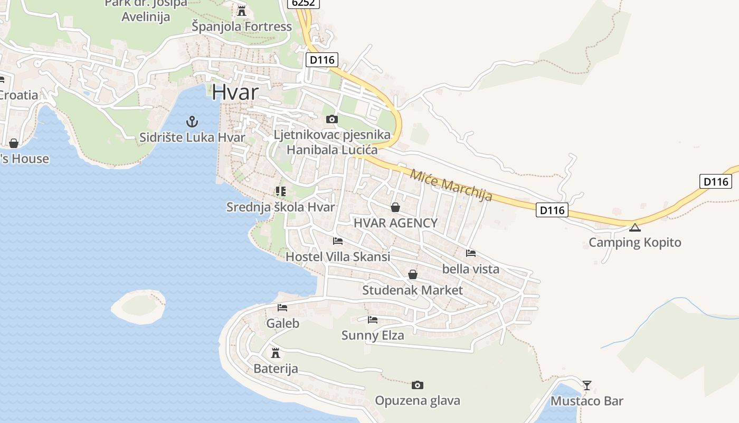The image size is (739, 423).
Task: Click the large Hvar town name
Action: coord(235,92)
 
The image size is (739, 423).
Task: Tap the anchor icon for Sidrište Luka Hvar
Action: coord(192,122)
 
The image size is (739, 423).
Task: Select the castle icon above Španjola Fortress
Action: coord(242,11)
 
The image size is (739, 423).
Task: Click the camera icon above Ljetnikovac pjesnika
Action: coord(332,119)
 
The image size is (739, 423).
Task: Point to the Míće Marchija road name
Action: coord(451,185)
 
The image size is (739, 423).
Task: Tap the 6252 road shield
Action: coord(303,3)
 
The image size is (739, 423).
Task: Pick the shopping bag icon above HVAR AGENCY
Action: coord(395,207)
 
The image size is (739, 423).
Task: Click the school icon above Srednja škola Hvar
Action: coord(280,191)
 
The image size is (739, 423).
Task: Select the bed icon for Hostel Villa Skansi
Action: coord(338,241)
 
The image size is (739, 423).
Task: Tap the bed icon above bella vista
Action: coord(471,253)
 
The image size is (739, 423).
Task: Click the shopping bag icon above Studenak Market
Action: coord(413,274)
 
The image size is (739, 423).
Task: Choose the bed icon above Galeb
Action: coord(282,308)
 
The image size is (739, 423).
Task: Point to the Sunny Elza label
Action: coord(373,335)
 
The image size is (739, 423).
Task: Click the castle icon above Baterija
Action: coord(276,353)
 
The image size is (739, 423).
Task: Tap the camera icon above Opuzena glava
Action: coord(418,385)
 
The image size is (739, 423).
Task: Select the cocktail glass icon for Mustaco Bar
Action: coord(587,385)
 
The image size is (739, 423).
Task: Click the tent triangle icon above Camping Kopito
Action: coord(634,227)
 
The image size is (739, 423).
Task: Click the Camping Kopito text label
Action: coord(634,243)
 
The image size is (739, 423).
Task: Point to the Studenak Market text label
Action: coord(412,290)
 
